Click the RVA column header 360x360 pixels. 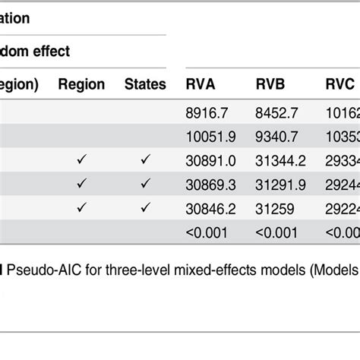[x=202, y=85]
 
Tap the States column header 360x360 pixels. [x=145, y=85]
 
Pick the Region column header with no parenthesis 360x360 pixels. [x=81, y=85]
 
